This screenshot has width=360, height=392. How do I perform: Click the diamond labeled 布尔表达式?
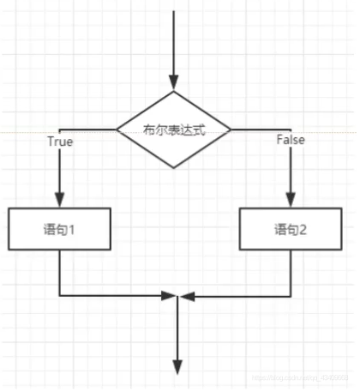[x=175, y=130]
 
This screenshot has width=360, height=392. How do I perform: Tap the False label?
[x=291, y=139]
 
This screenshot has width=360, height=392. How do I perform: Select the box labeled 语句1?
[x=61, y=229]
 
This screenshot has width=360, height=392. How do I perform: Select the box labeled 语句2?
[x=291, y=229]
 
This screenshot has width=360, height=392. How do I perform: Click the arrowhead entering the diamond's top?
[x=175, y=87]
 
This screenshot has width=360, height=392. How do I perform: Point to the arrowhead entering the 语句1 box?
[x=60, y=200]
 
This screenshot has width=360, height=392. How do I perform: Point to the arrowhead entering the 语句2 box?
[x=291, y=200]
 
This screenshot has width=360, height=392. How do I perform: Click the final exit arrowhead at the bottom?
[x=176, y=366]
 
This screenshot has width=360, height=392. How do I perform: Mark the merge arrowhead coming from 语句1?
[x=169, y=297]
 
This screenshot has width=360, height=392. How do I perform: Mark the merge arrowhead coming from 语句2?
[x=183, y=297]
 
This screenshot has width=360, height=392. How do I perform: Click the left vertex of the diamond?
[x=117, y=130]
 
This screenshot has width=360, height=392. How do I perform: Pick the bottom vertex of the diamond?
[x=175, y=167]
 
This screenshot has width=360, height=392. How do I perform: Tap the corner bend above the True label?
[x=60, y=130]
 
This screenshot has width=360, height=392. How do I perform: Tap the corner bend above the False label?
[x=291, y=130]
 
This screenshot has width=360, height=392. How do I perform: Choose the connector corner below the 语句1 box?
[x=60, y=297]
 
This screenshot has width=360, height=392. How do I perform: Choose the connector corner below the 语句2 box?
[x=291, y=297]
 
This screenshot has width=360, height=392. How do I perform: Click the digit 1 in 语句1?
[x=74, y=229]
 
